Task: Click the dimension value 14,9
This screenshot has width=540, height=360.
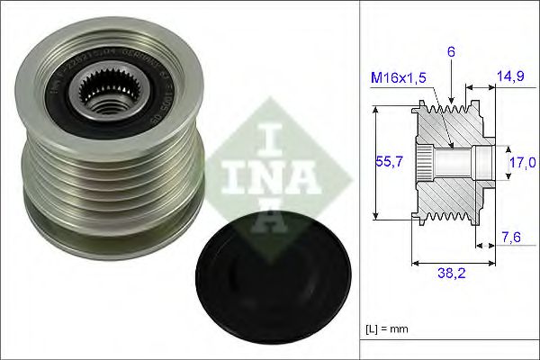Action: coord(510,78)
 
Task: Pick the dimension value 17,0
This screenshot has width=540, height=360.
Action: coord(522,162)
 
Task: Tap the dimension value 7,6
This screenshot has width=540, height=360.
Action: coord(511,238)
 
